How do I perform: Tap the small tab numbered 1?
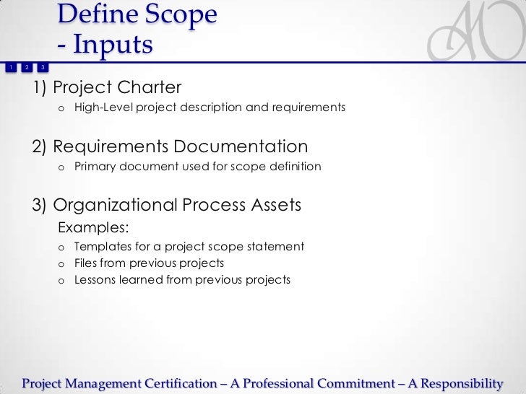click(x=9, y=68)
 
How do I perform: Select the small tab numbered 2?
click(x=26, y=68)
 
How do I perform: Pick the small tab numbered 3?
click(x=43, y=68)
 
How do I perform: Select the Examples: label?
click(x=93, y=228)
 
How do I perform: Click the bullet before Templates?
click(x=62, y=247)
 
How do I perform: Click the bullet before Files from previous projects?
click(x=62, y=263)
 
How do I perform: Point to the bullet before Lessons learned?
click(x=62, y=280)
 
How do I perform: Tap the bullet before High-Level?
click(x=62, y=108)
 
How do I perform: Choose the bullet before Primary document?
click(x=62, y=167)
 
